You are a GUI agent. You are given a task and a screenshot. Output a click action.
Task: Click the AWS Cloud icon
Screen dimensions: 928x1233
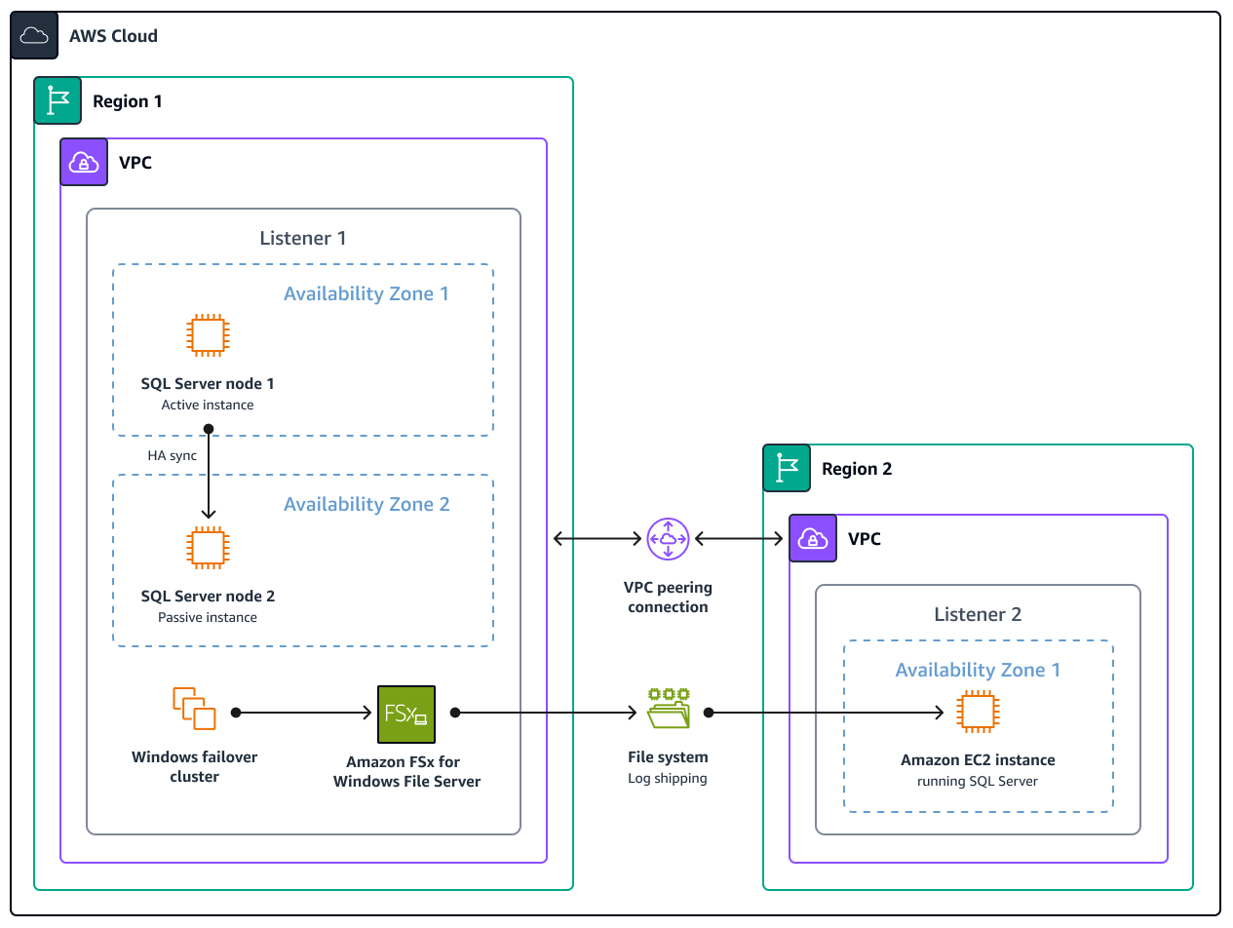click(35, 36)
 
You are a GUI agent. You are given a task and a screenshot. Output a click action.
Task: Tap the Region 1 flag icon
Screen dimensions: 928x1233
click(58, 101)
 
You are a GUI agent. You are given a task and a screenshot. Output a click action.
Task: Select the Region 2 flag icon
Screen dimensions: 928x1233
click(787, 469)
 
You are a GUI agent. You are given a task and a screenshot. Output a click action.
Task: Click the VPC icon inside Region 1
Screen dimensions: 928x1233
click(84, 162)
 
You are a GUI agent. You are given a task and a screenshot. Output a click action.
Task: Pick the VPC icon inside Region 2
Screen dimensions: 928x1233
click(813, 539)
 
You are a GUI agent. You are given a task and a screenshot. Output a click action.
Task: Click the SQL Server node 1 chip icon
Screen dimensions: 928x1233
click(208, 335)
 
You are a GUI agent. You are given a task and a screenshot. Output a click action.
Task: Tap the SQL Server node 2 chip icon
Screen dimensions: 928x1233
click(208, 547)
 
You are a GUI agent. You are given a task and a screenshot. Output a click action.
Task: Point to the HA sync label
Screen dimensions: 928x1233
click(172, 455)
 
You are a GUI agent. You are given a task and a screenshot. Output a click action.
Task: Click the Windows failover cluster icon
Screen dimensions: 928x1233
click(194, 709)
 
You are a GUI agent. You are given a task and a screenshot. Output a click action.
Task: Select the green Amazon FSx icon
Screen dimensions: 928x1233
click(406, 715)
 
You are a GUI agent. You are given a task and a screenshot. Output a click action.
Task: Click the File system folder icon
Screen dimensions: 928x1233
click(669, 709)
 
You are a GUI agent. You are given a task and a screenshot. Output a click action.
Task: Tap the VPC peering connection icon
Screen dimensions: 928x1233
click(668, 539)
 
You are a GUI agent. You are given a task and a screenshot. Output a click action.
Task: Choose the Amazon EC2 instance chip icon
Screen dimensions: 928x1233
click(978, 713)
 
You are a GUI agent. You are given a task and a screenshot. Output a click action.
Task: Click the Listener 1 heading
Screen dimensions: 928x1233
click(302, 238)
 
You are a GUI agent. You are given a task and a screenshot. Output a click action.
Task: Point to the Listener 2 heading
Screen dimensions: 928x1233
click(978, 614)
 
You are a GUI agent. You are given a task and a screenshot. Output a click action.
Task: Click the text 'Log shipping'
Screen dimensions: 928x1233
click(668, 778)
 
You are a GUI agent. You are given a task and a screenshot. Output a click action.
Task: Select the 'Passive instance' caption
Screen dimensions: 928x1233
click(208, 617)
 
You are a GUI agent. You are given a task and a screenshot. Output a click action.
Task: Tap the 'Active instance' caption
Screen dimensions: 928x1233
click(208, 405)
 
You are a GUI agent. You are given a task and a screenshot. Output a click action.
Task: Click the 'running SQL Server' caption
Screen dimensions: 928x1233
click(978, 781)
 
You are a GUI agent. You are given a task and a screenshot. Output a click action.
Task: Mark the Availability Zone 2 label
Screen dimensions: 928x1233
click(366, 504)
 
